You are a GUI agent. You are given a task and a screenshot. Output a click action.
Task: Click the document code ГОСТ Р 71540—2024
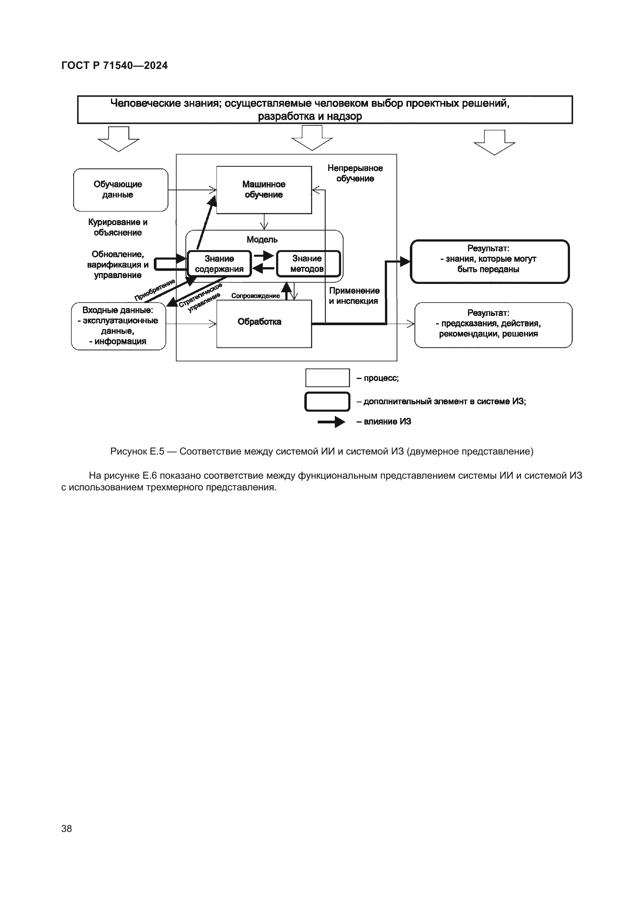(114, 65)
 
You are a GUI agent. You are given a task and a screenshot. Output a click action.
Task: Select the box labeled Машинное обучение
(264, 190)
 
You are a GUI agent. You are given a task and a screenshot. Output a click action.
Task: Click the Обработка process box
(264, 323)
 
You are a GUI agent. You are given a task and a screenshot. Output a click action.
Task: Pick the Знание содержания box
(219, 264)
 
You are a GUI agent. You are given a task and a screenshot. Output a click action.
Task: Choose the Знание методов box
(308, 264)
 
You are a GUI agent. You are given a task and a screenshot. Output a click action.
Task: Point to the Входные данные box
(118, 326)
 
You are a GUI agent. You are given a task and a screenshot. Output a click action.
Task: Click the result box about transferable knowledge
(489, 261)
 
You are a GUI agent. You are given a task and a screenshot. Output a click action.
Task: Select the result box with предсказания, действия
(493, 325)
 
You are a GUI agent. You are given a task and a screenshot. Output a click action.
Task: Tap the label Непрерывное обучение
(355, 173)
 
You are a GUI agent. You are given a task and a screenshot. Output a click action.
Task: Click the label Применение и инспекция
(354, 296)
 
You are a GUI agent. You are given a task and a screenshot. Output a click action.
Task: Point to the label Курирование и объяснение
(118, 227)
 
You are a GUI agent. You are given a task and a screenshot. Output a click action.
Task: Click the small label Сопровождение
(255, 296)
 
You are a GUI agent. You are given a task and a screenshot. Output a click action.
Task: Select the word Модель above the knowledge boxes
(262, 240)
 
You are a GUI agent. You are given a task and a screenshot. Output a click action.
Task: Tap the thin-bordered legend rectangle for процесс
(327, 378)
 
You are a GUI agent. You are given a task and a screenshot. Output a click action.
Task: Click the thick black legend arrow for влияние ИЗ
(331, 422)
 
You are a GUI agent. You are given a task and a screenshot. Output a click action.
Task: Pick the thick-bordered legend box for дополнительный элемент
(327, 402)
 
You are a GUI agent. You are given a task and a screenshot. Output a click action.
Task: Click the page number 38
(67, 828)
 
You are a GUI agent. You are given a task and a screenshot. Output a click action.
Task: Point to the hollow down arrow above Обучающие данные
(119, 139)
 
